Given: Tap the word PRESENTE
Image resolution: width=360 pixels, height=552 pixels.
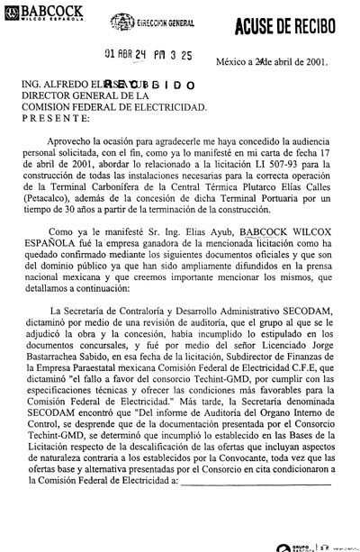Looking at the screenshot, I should tap(55, 117).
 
